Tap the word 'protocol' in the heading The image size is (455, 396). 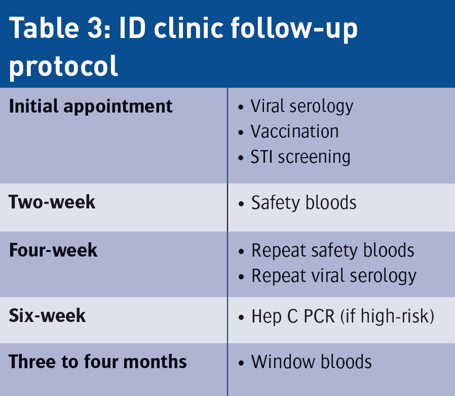coord(63,67)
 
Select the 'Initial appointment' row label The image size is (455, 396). coord(91,107)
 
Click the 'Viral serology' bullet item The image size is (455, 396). coord(302,107)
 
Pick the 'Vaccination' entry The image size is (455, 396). coord(294,131)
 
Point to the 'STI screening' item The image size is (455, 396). coord(300,158)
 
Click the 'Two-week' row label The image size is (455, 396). coord(52,202)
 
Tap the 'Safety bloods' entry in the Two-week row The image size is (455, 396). coord(304,203)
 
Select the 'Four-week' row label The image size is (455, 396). coord(53,250)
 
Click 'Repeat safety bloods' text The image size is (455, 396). coord(332,251)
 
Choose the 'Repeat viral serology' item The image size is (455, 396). coord(334,276)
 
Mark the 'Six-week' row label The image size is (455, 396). coord(47,315)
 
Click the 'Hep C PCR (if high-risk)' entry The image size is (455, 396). coord(343,316)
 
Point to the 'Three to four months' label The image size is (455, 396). coord(98,362)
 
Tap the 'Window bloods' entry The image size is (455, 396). coord(312,362)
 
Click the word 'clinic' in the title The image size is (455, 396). coord(188,28)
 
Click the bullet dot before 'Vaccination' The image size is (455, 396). coord(241,132)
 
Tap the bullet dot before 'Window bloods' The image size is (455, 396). coord(241,363)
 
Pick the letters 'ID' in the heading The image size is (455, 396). coord(132,28)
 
